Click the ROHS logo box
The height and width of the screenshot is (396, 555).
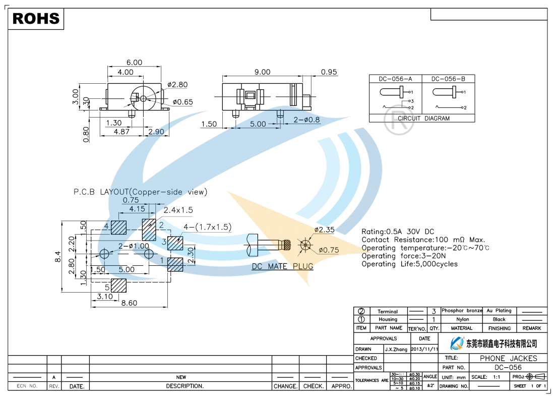tap(36, 19)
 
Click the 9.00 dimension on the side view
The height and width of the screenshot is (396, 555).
tap(262, 72)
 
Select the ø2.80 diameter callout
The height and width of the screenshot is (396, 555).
tap(177, 85)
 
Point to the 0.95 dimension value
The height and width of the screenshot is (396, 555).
tap(329, 72)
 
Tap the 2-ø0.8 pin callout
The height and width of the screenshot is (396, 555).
tap(306, 120)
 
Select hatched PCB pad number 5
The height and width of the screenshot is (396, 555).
tap(118, 286)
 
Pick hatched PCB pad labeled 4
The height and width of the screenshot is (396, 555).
tap(119, 228)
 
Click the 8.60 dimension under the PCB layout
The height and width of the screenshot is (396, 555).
tap(129, 303)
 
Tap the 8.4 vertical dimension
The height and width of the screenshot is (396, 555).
tap(58, 256)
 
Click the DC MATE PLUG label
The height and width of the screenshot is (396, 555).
tap(282, 266)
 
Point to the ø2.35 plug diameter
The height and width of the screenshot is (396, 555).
tap(325, 230)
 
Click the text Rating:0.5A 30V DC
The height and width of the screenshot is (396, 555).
tap(398, 232)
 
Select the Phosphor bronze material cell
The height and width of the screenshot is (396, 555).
tap(462, 311)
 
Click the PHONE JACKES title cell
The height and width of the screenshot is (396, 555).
tap(508, 358)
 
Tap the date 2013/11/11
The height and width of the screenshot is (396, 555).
tap(424, 349)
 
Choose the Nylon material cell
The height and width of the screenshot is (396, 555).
tap(462, 319)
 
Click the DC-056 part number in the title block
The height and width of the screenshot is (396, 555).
tap(508, 368)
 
